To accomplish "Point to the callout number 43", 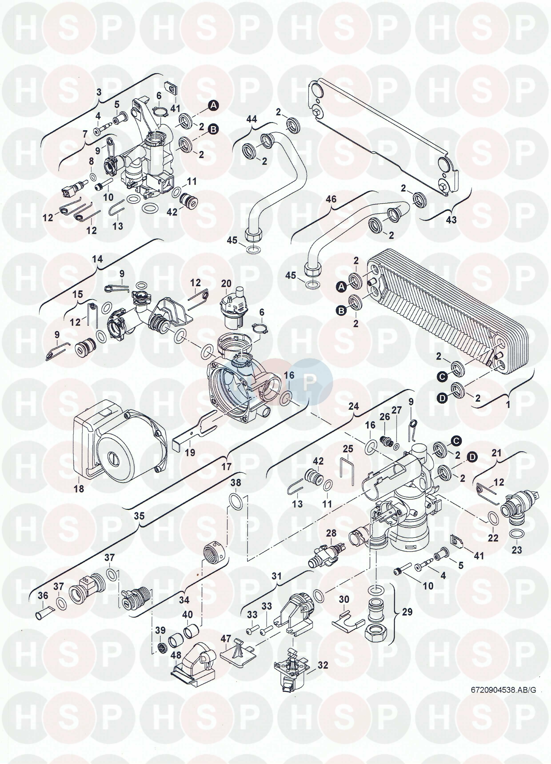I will tap(451, 219).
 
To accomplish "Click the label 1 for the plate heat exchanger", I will tap(508, 404).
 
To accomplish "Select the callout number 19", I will tap(190, 452).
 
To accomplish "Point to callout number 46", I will tap(331, 199).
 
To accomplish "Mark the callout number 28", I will tap(331, 533).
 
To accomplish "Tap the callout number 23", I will tap(517, 550).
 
